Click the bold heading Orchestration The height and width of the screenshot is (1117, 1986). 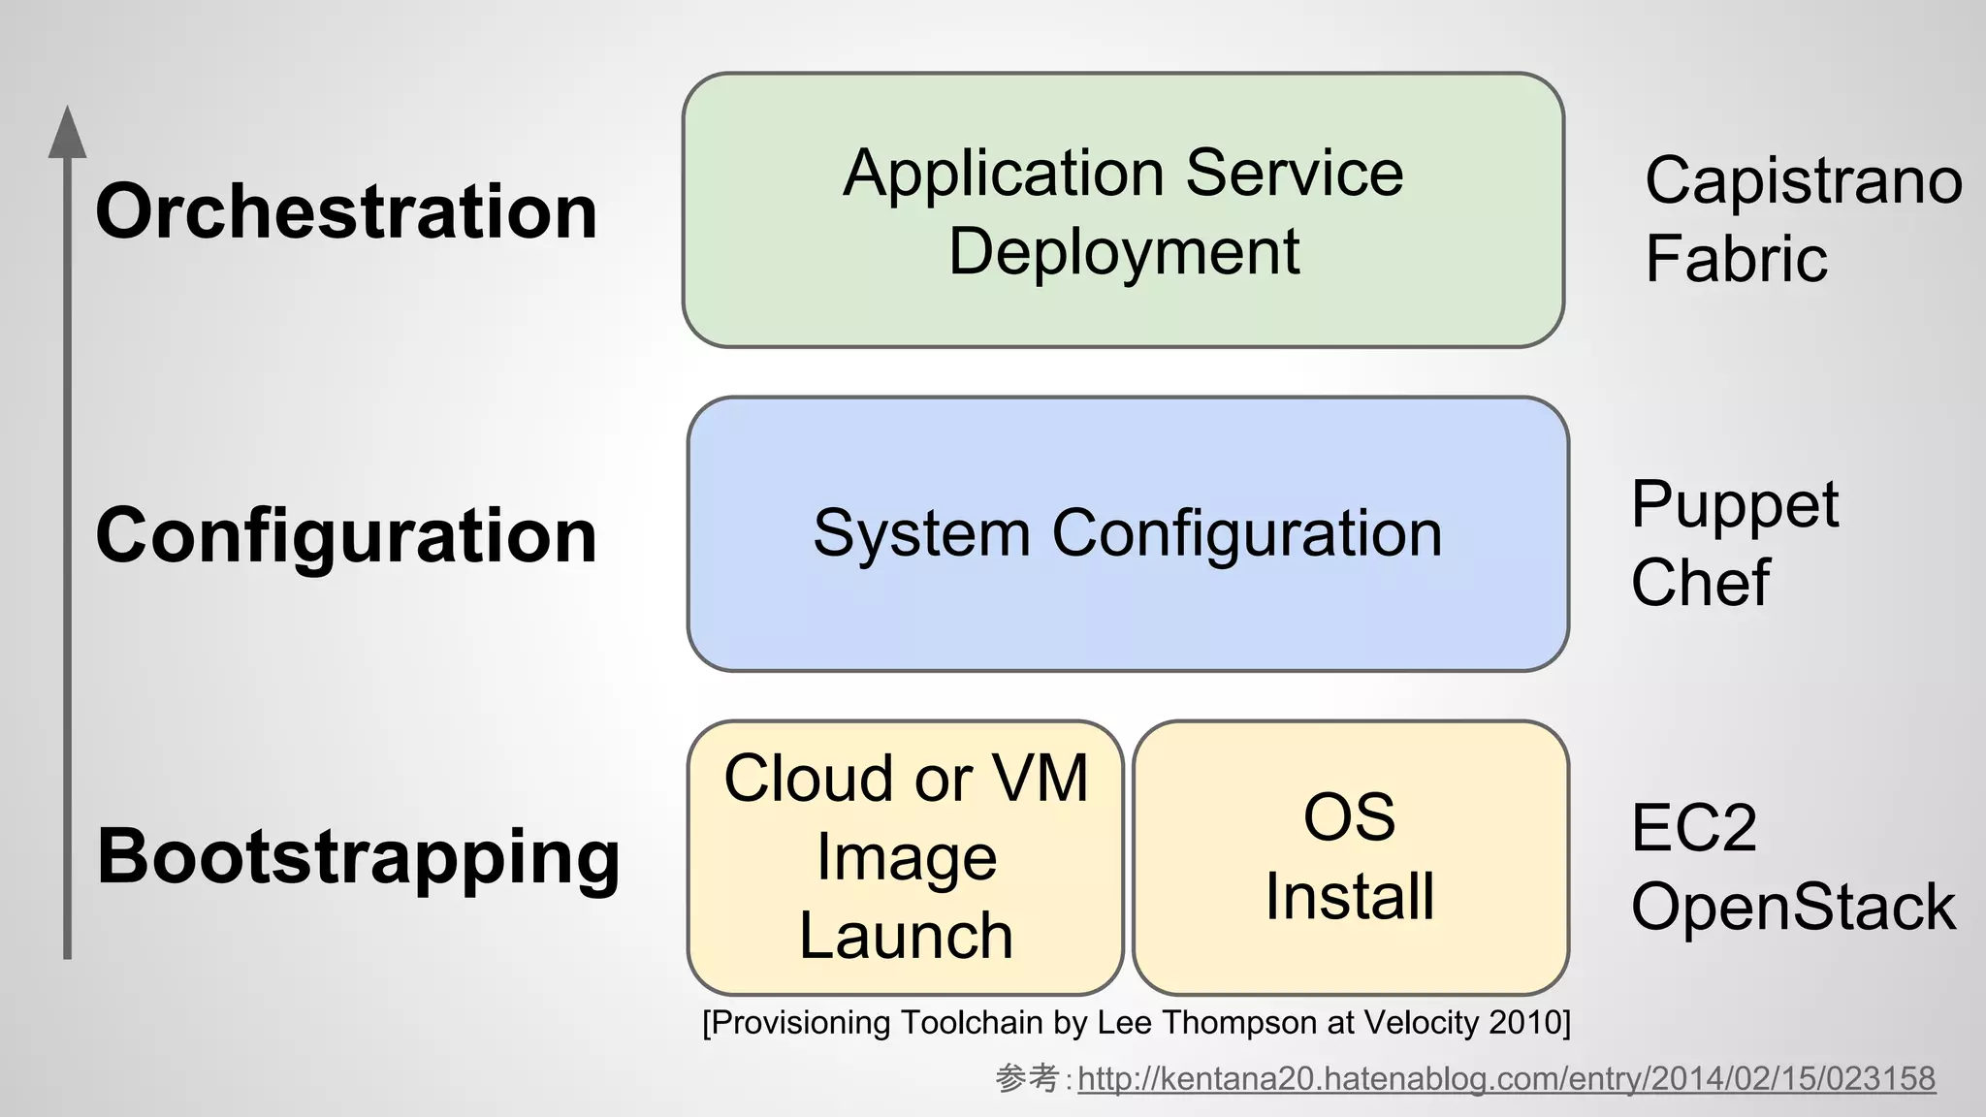click(x=346, y=212)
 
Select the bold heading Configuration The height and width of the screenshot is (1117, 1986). click(x=346, y=536)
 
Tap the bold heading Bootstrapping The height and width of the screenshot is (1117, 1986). click(x=358, y=857)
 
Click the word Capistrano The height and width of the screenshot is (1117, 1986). click(x=1803, y=181)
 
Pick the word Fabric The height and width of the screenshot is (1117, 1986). click(x=1736, y=259)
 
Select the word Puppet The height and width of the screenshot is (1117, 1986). click(x=1734, y=506)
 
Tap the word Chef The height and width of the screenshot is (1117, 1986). click(x=1700, y=583)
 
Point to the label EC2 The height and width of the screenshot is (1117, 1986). click(x=1693, y=828)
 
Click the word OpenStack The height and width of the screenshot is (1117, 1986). click(x=1793, y=908)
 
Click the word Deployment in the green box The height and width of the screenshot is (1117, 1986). click(x=1123, y=253)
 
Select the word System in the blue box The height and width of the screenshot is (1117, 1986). click(x=921, y=533)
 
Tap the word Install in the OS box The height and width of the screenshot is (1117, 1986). click(x=1349, y=897)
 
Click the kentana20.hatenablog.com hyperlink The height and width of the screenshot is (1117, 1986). click(x=1506, y=1078)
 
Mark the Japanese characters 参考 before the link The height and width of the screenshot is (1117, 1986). click(x=1027, y=1078)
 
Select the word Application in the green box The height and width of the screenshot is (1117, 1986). click(x=1004, y=174)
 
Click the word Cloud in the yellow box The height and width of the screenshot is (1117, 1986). click(x=807, y=779)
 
